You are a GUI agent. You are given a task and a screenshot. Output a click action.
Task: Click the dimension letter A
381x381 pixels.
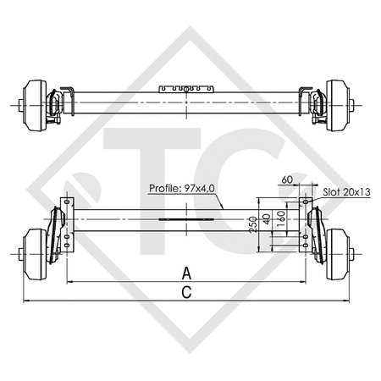[x=185, y=272]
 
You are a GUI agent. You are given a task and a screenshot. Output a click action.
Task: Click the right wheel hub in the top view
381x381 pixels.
[x=338, y=104]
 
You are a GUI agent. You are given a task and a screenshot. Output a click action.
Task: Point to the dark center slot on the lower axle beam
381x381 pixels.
[x=184, y=218]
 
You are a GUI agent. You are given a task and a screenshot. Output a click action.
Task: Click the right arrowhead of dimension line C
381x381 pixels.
[x=348, y=301]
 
